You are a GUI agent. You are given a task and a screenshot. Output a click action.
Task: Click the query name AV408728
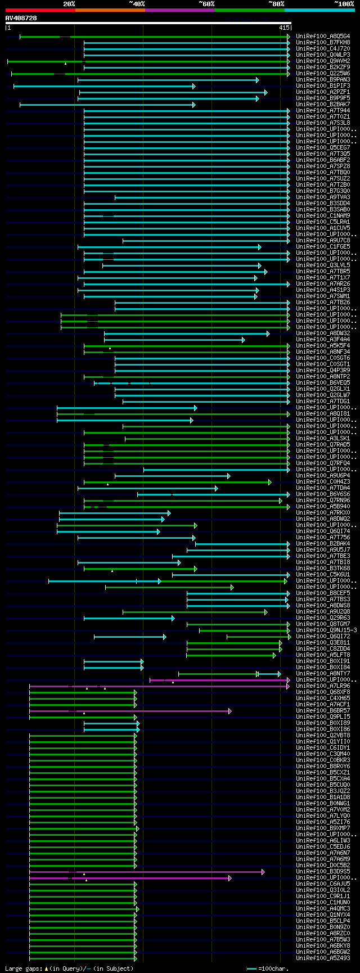click(x=21, y=18)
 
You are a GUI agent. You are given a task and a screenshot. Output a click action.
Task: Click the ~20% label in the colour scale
click(x=69, y=4)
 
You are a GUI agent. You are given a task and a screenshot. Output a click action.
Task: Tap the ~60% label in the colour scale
click(x=206, y=4)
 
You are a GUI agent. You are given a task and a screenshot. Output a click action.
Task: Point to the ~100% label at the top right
click(x=344, y=4)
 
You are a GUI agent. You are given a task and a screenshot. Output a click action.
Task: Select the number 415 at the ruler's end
click(x=284, y=28)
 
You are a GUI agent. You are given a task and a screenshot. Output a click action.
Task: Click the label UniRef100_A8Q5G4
click(x=323, y=37)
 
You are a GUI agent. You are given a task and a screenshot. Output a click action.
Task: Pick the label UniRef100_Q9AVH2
click(x=323, y=61)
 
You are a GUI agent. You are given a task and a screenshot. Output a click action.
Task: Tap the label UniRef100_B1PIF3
click(x=323, y=86)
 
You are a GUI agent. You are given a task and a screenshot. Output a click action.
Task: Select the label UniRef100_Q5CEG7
click(x=323, y=148)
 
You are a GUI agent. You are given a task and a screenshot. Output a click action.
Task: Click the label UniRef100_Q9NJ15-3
click(x=326, y=630)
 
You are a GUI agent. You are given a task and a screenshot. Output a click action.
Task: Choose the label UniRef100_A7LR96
click(x=323, y=686)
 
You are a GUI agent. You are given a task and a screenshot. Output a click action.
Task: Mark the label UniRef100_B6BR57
click(x=323, y=711)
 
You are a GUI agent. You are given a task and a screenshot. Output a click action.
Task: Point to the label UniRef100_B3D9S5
click(x=323, y=872)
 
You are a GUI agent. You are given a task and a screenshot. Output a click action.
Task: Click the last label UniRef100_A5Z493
click(x=323, y=958)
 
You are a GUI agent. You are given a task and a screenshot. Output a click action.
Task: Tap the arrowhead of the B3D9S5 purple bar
click(x=263, y=872)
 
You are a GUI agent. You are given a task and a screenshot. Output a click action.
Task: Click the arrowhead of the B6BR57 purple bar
click(x=230, y=711)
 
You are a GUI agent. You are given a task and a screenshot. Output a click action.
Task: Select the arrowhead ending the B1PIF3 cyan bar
click(x=193, y=86)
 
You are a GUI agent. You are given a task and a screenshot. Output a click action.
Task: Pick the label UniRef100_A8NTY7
click(x=323, y=674)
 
